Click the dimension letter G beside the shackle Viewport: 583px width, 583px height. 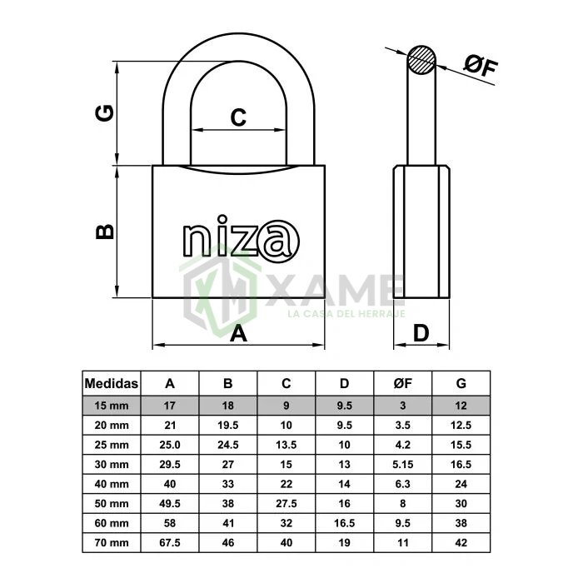tap(104, 113)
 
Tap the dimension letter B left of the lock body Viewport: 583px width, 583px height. tap(104, 232)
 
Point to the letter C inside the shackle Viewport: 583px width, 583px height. tap(238, 117)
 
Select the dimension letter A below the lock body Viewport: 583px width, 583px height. tap(238, 333)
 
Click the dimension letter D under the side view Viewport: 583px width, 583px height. tap(421, 333)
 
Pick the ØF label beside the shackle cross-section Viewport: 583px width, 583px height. tap(480, 66)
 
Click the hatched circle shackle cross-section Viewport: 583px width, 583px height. tap(421, 59)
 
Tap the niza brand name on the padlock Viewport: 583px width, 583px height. tap(241, 238)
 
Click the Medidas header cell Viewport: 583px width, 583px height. tap(111, 383)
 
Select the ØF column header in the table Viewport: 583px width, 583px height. tap(402, 383)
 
